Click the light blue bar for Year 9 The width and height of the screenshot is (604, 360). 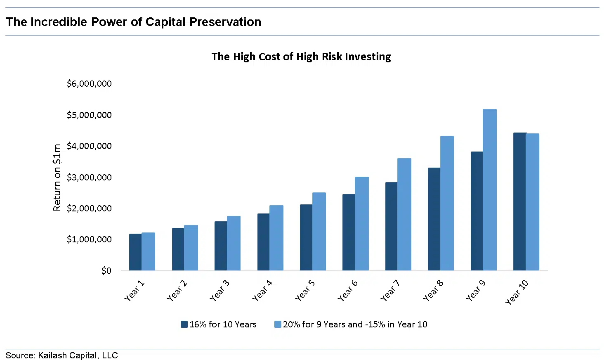coord(490,190)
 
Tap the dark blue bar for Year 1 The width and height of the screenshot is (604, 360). coord(135,252)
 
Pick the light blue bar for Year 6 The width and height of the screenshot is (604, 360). coord(362,224)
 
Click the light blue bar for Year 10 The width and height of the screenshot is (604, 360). coord(533,202)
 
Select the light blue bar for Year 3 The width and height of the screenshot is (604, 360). coord(234,243)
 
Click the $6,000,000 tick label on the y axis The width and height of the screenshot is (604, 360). coord(89,84)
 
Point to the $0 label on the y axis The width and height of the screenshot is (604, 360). coord(106,271)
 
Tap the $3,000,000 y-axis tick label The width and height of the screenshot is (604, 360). coord(89,178)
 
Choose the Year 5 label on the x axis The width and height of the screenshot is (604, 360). coord(305,290)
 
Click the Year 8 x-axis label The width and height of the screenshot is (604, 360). coord(433,290)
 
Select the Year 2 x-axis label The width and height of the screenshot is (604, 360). coord(177,290)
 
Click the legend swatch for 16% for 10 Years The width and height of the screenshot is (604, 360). coord(184,324)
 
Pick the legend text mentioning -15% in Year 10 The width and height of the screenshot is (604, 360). coord(355,324)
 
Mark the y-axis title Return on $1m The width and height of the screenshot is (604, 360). coord(57,178)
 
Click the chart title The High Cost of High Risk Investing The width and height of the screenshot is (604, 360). coord(301,57)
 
